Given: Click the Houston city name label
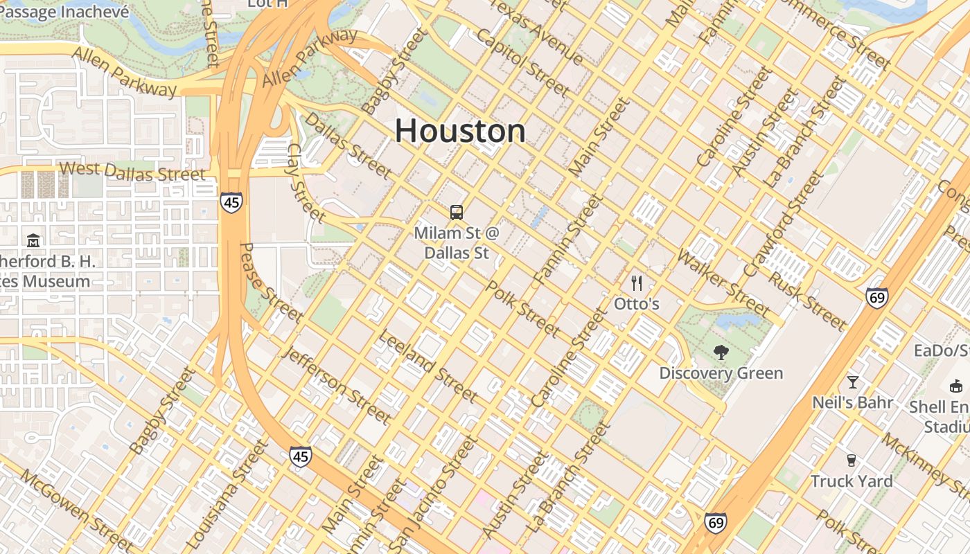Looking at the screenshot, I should click(x=460, y=131).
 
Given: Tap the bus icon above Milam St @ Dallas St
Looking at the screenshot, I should click(x=456, y=213).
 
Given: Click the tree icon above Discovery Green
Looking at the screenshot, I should click(x=721, y=352).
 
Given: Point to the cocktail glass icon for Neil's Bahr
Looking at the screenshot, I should click(x=852, y=382).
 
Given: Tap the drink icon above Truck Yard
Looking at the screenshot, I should click(x=852, y=461).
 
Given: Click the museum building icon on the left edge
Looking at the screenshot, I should click(x=33, y=241).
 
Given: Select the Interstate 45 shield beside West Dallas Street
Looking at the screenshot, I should click(x=232, y=202).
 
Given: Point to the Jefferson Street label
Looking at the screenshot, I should click(x=337, y=384).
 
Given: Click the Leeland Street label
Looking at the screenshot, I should click(x=427, y=366).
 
